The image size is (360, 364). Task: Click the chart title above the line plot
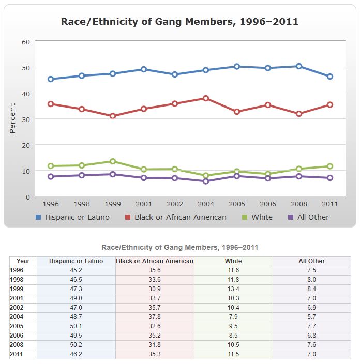pyautogui.click(x=179, y=21)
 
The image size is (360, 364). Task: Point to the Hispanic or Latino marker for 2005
pyautogui.click(x=237, y=66)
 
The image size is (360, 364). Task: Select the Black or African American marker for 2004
pyautogui.click(x=206, y=98)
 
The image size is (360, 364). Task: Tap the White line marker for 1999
pyautogui.click(x=113, y=161)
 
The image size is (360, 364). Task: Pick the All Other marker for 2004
pyautogui.click(x=206, y=181)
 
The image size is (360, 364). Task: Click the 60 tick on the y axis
pyautogui.click(x=25, y=41)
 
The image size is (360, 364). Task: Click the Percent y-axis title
pyautogui.click(x=13, y=118)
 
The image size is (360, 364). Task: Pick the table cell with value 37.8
pyautogui.click(x=155, y=317)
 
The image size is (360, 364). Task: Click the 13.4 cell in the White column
pyautogui.click(x=233, y=289)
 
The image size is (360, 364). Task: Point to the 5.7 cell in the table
pyautogui.click(x=311, y=317)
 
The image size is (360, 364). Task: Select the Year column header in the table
pyautogui.click(x=23, y=261)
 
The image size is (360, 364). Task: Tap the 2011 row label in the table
pyautogui.click(x=18, y=354)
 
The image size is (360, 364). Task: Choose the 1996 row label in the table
pyautogui.click(x=18, y=270)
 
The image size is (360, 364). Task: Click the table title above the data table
pyautogui.click(x=179, y=247)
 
